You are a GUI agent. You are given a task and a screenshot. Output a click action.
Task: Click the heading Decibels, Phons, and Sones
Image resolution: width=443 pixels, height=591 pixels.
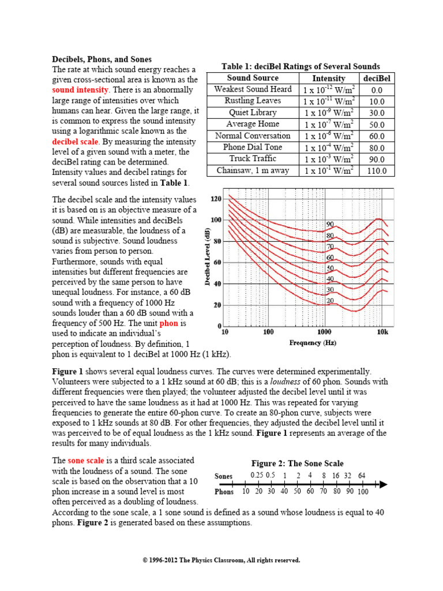[x=102, y=59]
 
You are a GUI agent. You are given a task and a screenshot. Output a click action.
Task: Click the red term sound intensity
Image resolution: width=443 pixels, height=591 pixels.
[x=80, y=90]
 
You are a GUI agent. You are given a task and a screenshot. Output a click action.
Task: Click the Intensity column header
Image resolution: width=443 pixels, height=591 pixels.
[x=329, y=78]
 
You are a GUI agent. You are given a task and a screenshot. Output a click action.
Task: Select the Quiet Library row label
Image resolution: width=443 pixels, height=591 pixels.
[x=253, y=113]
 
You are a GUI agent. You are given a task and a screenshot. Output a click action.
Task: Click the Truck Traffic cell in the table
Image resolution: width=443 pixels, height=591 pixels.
[x=253, y=158]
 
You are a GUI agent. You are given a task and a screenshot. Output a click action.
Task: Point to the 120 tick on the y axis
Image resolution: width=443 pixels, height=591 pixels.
[x=216, y=199]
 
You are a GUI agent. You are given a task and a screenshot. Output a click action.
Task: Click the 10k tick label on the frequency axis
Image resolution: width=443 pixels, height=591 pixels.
[x=383, y=332]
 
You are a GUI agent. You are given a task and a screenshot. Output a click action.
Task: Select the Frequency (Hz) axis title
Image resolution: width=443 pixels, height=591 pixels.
[x=313, y=343]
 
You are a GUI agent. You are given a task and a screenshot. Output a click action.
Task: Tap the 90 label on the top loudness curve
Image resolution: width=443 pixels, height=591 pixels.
[x=330, y=224]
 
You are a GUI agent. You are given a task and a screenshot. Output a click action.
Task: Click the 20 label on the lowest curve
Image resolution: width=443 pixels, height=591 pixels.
[x=330, y=300]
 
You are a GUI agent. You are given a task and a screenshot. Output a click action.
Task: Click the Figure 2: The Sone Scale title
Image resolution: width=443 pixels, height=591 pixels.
[x=297, y=463]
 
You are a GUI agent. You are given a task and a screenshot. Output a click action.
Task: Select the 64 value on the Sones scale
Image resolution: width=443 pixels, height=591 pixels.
[x=361, y=476]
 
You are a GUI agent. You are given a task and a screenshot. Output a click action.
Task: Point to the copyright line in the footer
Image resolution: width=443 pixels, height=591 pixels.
[x=221, y=560]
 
